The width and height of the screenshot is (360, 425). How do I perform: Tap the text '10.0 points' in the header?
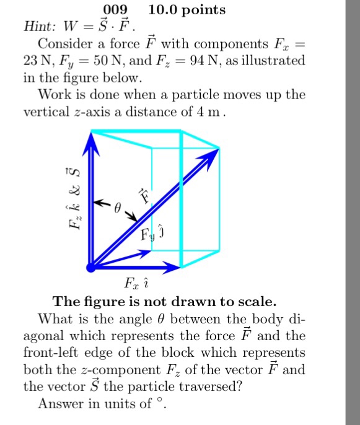pyautogui.click(x=187, y=10)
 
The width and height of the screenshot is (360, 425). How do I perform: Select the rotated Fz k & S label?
pyautogui.click(x=73, y=198)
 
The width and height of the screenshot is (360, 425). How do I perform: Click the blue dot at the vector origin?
pyautogui.click(x=91, y=267)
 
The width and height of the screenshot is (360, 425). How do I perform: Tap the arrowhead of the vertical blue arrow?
pyautogui.click(x=91, y=141)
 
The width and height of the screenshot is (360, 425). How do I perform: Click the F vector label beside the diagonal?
pyautogui.click(x=144, y=196)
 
